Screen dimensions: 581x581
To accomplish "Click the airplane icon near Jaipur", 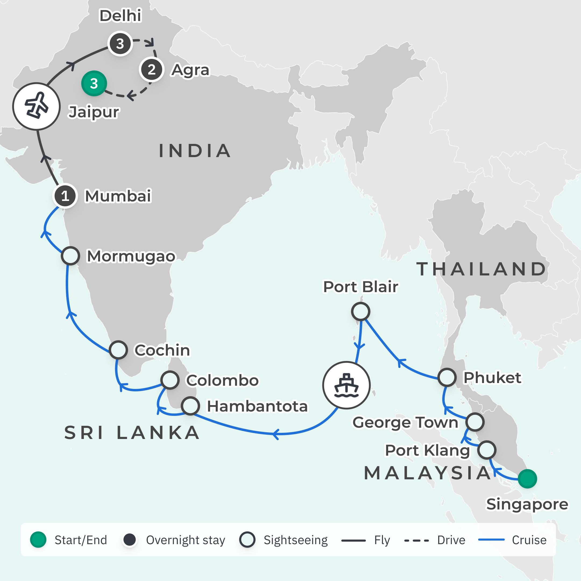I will [36, 107].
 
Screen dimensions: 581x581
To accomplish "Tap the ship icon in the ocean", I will [346, 385].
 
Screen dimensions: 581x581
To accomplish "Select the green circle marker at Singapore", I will [527, 479].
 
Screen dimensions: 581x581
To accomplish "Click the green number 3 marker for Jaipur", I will [94, 83].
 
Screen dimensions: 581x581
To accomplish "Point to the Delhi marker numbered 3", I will [120, 44].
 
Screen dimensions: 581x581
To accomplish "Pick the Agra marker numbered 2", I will [151, 70].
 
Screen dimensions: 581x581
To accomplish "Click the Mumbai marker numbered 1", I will [65, 196].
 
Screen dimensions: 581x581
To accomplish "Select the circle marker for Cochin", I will [118, 350].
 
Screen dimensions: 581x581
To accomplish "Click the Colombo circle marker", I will [170, 380].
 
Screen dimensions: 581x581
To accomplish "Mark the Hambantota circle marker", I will [190, 406].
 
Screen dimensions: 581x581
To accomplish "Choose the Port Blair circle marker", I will [360, 311].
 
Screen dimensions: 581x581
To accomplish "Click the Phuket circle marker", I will [447, 377].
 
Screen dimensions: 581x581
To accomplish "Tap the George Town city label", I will [405, 423].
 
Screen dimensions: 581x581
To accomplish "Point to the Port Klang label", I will [427, 451].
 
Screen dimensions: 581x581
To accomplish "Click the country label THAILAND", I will [481, 269].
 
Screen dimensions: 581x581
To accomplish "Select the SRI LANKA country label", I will [132, 433].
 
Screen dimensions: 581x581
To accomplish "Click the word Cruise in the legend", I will [529, 540].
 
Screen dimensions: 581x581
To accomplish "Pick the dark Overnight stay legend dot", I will [130, 540].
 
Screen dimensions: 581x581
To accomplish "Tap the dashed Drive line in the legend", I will [416, 540].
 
